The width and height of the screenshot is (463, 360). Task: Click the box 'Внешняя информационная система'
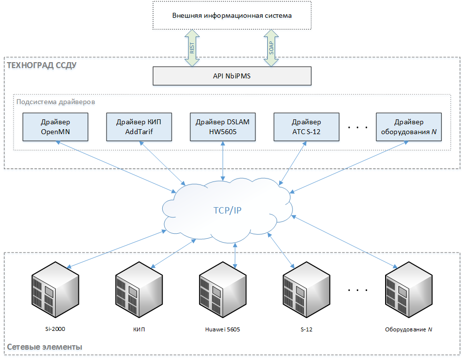tap(232, 15)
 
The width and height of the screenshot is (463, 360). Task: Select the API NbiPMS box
tap(232, 76)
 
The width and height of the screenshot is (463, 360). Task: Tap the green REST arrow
tap(192, 48)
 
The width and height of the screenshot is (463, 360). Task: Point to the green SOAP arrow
tap(271, 48)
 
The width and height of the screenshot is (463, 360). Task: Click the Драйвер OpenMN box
tap(55, 127)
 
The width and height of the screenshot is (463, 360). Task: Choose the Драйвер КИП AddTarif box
tap(139, 127)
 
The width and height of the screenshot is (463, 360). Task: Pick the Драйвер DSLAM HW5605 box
tap(223, 127)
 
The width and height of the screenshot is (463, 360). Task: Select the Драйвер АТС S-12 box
tap(306, 127)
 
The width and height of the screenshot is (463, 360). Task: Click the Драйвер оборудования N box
tap(409, 127)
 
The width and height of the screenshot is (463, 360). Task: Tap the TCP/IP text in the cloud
tap(227, 210)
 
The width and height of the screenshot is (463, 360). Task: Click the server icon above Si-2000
tap(55, 289)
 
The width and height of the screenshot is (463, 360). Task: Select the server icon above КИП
tap(139, 289)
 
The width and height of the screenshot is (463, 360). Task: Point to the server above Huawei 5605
tap(223, 289)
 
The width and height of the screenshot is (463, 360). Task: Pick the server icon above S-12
tap(306, 289)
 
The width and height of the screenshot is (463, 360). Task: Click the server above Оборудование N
tap(409, 289)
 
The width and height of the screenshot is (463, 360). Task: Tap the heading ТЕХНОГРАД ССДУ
tap(41, 65)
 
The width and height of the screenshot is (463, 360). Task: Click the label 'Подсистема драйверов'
tap(56, 102)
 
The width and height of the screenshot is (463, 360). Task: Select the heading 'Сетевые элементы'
tap(44, 347)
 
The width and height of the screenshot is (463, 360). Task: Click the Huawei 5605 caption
tap(223, 329)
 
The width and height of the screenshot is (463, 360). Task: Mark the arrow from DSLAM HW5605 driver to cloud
tap(223, 161)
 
